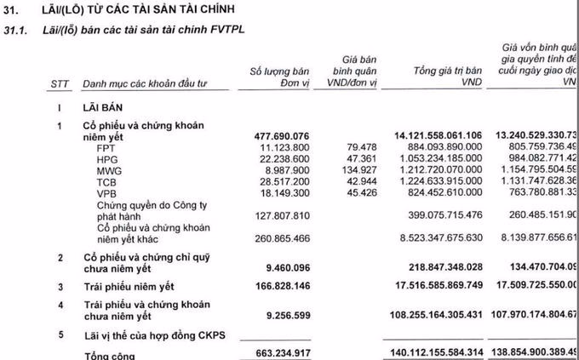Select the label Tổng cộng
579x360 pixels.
click(x=109, y=353)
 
